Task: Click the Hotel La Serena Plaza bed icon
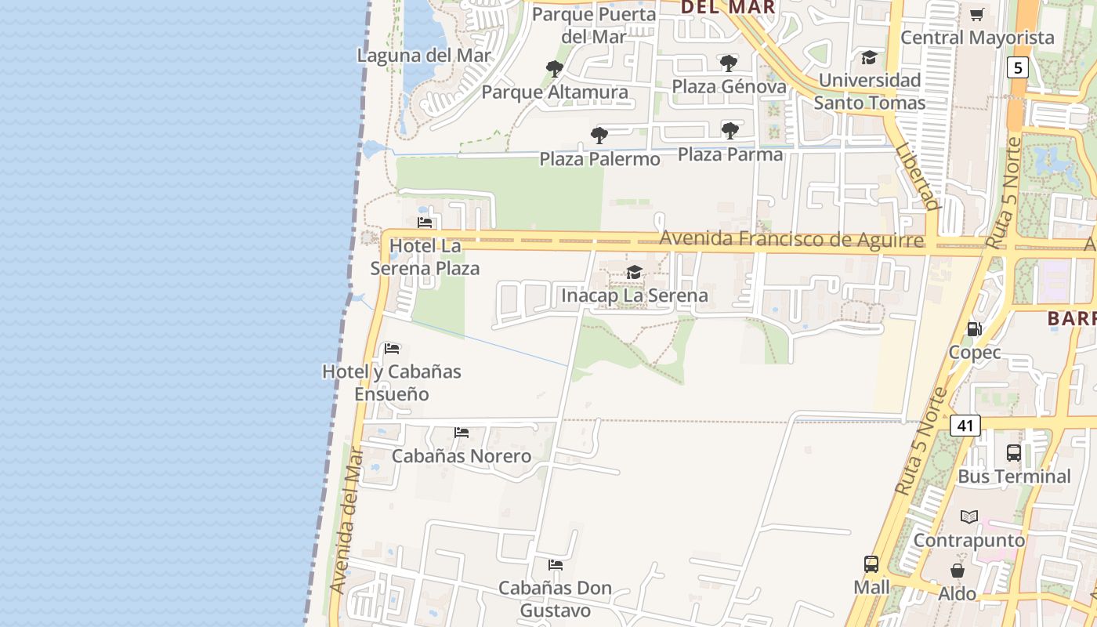tap(425, 223)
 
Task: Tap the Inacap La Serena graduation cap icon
tap(634, 272)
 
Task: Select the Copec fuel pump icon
tap(974, 329)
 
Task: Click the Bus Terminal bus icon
tap(1013, 452)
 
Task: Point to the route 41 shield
tap(965, 426)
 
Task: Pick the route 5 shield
tap(1017, 67)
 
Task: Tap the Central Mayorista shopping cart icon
tap(976, 15)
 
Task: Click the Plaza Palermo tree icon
tap(599, 136)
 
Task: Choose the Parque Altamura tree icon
tap(554, 69)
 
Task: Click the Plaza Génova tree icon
tap(729, 63)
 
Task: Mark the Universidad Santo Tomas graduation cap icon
tap(869, 57)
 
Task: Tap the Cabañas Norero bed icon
tap(462, 432)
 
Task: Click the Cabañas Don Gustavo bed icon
tap(556, 564)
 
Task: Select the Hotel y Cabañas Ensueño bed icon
tap(392, 348)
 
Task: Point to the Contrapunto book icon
tap(969, 516)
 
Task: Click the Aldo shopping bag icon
tap(957, 570)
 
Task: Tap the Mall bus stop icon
tap(871, 564)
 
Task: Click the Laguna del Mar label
tap(424, 56)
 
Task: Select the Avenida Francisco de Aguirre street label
tap(791, 238)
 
